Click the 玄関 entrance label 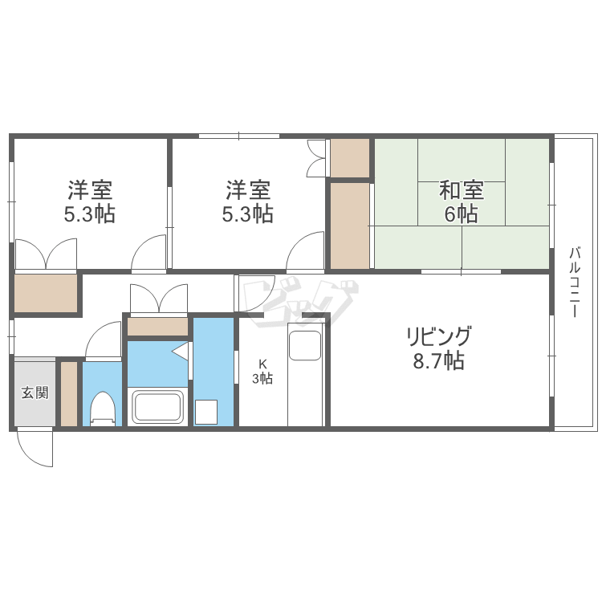click(x=35, y=393)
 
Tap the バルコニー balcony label click(x=575, y=283)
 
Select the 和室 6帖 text click(x=461, y=201)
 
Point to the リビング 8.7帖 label click(x=439, y=348)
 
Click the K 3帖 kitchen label click(x=262, y=372)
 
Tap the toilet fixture click(x=103, y=409)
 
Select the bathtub click(x=157, y=407)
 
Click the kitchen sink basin click(x=305, y=345)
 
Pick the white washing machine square click(x=206, y=412)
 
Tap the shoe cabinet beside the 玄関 click(x=69, y=393)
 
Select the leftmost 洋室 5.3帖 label click(x=90, y=201)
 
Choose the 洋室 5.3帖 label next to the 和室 click(x=248, y=201)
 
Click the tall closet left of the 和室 click(x=350, y=226)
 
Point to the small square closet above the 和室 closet click(x=350, y=158)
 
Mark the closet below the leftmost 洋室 click(x=46, y=293)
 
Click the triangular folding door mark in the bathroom click(x=181, y=352)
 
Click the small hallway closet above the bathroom click(x=157, y=327)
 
